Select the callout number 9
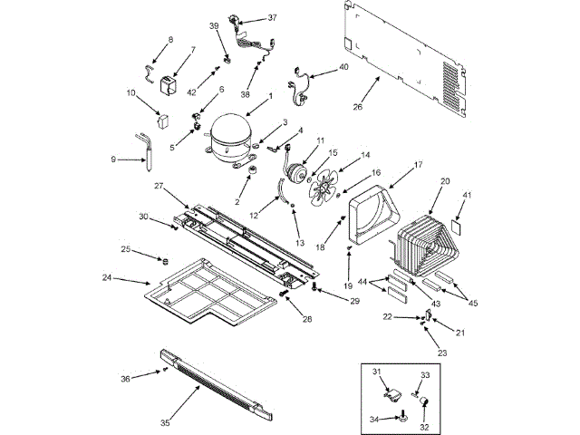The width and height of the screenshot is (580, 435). coord(114,159)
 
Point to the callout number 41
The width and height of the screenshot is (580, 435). coord(467,194)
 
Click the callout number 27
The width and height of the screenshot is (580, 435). coord(158,185)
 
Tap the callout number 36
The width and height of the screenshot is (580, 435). coord(125,378)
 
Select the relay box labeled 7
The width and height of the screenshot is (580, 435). coord(167,87)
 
